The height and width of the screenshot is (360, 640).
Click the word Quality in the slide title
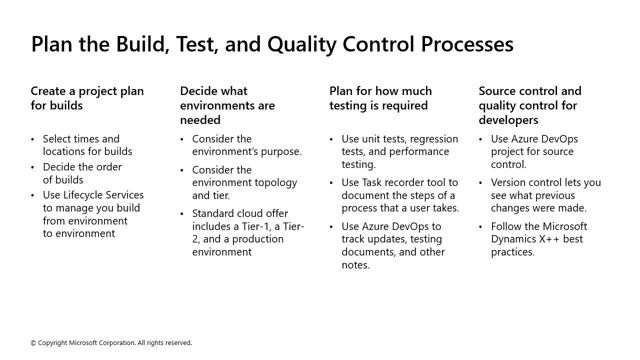[302, 44]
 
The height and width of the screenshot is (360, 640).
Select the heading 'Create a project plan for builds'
[87, 98]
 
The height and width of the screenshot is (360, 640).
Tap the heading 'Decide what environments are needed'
[227, 105]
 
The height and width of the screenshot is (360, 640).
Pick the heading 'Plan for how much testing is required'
[380, 98]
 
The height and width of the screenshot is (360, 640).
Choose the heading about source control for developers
[529, 105]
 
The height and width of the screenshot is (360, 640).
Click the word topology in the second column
[272, 182]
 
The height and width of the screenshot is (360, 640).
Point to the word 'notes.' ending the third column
[355, 265]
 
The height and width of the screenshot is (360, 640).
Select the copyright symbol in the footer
[33, 343]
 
